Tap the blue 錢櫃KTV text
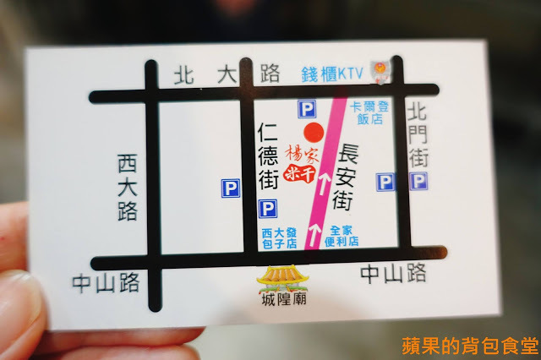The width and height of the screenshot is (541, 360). pyautogui.click(x=332, y=74)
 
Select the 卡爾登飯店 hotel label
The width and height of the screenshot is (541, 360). pyautogui.click(x=370, y=113)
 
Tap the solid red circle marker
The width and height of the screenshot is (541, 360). pyautogui.click(x=314, y=133)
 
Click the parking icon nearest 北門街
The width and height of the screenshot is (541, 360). pyautogui.click(x=418, y=181)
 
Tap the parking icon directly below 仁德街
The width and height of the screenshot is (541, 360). pyautogui.click(x=267, y=208)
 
